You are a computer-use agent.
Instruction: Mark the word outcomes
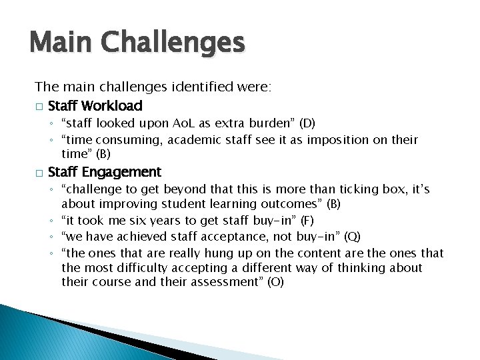click(294, 204)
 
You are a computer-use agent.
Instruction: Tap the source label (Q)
click(353, 236)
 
